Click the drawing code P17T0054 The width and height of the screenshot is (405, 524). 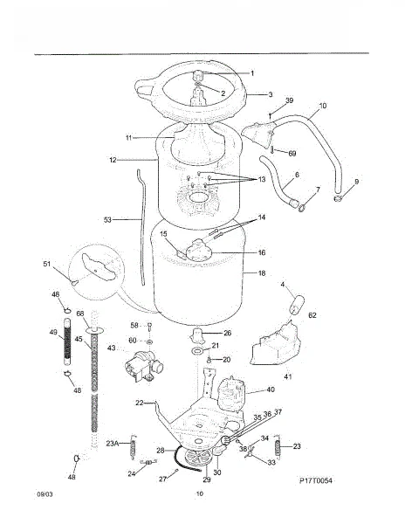(x=315, y=480)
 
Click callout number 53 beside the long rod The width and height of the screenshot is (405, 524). (x=107, y=220)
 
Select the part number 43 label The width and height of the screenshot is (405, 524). (x=111, y=348)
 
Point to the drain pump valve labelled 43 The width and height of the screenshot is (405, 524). (x=143, y=366)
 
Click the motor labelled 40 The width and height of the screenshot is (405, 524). (x=231, y=394)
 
